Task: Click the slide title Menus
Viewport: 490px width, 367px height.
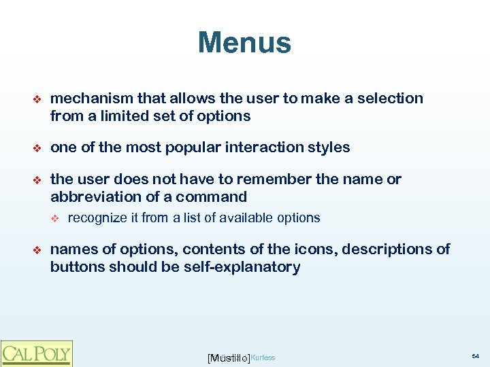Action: (x=244, y=43)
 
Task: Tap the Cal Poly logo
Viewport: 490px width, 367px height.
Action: (x=36, y=353)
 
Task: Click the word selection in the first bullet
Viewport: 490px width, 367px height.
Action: (x=392, y=99)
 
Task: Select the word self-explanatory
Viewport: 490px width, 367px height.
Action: (x=242, y=267)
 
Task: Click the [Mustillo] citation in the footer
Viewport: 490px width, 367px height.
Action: (x=228, y=357)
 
